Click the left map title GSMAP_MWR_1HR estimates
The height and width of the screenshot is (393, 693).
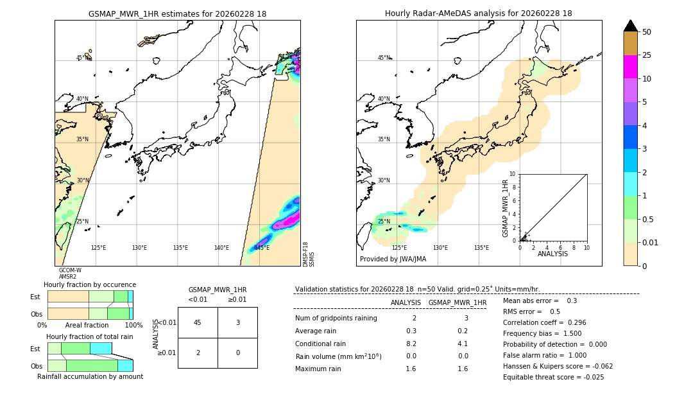tap(177, 13)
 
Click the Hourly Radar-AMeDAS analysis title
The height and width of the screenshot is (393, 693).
tap(478, 13)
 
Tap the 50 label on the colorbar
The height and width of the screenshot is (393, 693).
tap(647, 32)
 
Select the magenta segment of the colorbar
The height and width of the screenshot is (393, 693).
tap(630, 67)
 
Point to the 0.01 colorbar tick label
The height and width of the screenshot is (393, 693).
tap(651, 242)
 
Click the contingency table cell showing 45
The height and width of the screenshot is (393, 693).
tap(198, 322)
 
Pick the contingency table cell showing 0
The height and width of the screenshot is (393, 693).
tap(237, 353)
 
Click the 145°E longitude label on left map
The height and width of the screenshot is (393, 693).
tap(262, 248)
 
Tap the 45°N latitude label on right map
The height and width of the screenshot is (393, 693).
tap(383, 58)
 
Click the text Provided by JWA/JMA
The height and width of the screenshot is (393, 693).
tap(393, 259)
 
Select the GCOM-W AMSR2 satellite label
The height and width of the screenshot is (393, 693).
tap(69, 274)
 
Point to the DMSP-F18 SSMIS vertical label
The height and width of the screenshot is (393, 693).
tap(309, 254)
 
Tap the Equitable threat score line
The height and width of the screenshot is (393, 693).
tap(553, 377)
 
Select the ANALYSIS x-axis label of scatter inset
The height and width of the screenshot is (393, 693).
tap(552, 254)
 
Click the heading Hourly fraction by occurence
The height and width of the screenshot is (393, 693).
tap(90, 284)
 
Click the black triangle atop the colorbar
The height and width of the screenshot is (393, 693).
tap(630, 26)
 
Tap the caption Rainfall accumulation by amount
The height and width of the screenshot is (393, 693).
tap(90, 376)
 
